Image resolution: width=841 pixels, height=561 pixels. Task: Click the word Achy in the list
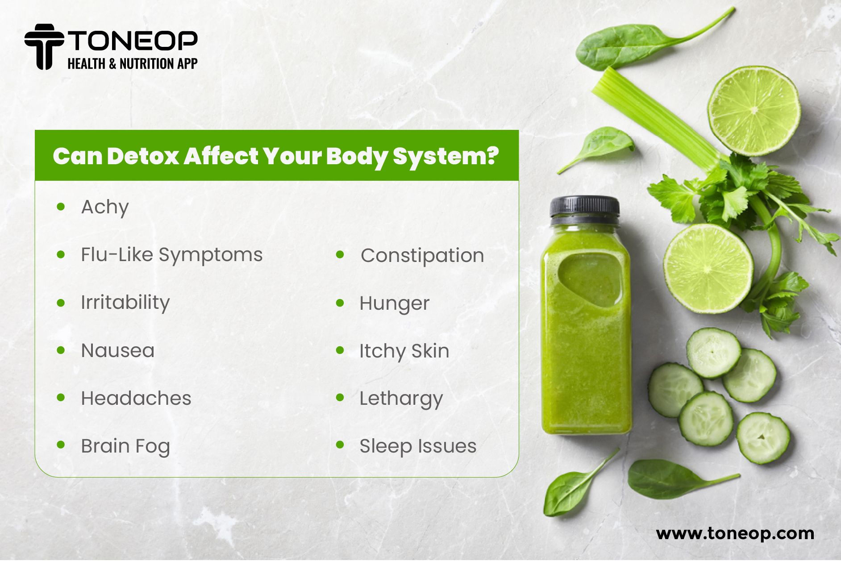coord(105,208)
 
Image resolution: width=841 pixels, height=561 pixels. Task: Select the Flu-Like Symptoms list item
coord(172,255)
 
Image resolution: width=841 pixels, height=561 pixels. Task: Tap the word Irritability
coord(125,303)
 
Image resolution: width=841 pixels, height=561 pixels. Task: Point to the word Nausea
coord(118,351)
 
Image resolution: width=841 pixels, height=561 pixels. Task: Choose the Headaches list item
coord(136,398)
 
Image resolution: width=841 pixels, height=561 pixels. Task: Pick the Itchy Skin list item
coord(404,351)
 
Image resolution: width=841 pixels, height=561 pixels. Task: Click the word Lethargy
coord(401,399)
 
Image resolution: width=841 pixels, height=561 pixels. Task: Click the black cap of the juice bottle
coord(584,209)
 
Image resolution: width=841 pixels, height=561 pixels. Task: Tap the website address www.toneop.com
coord(735,534)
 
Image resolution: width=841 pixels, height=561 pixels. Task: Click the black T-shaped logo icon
coord(44,47)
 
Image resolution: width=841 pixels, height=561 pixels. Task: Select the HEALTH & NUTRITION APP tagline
coord(133,64)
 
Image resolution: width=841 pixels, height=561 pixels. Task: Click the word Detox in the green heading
coord(143,156)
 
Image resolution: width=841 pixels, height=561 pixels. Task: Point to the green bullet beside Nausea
coord(61,350)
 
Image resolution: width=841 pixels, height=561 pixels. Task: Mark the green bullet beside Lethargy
coord(340,397)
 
